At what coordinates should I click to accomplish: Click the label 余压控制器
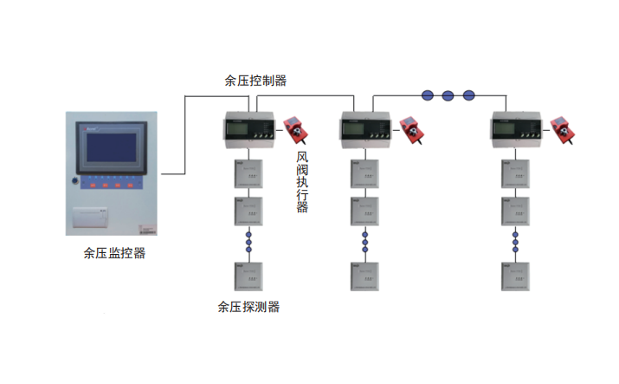(255, 81)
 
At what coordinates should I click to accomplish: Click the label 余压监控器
(114, 253)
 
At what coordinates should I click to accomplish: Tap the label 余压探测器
(248, 307)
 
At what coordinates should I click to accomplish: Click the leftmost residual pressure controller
(248, 129)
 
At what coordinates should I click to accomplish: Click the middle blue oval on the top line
(448, 94)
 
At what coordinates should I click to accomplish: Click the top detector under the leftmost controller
(248, 174)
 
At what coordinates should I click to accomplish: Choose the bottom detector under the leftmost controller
(248, 276)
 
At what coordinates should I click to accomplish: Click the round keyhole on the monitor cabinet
(75, 181)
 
